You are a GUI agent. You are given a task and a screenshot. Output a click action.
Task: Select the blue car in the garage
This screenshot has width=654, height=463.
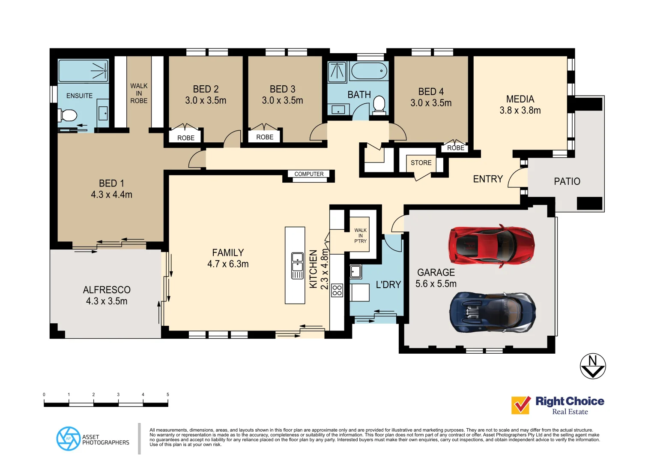[x=492, y=313]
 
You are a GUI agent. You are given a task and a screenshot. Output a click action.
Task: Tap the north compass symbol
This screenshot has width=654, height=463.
[x=593, y=366]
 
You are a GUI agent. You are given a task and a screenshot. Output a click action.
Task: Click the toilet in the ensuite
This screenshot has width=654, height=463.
[x=68, y=115]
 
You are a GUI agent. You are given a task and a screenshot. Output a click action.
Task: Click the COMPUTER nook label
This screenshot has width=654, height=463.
[x=309, y=174]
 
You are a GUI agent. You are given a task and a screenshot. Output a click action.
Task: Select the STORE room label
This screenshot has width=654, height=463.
[x=421, y=163]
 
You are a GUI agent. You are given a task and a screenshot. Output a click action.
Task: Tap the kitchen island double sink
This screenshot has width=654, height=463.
[x=297, y=265]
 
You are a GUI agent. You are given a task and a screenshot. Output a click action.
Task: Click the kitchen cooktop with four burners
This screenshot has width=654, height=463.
[x=337, y=290]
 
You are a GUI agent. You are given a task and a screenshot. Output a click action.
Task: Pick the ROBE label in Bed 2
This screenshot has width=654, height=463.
[x=186, y=138]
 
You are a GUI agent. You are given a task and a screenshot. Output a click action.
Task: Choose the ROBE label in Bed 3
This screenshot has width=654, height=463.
[x=265, y=137]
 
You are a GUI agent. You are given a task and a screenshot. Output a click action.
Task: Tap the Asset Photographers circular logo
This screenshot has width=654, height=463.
[x=68, y=439]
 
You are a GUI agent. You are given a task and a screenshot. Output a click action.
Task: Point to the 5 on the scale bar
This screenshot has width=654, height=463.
[x=168, y=394]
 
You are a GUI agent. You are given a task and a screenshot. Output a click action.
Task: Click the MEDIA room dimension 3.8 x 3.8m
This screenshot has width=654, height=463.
[x=520, y=111]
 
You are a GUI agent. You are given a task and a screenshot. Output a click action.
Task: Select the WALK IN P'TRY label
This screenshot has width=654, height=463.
[x=360, y=236]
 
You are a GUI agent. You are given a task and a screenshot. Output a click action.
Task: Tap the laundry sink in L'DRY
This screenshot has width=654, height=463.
[x=355, y=271]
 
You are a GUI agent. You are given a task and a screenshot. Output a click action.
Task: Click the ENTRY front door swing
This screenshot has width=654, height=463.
[x=517, y=178]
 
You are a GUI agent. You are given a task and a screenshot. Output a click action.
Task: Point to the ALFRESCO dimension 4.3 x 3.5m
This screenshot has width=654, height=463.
[x=107, y=301]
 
